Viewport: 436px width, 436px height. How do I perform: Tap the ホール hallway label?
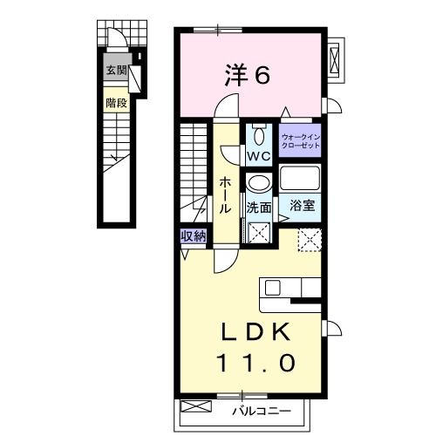[225, 194]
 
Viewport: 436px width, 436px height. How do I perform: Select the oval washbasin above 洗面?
[259, 184]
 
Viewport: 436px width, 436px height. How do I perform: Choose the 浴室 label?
[302, 207]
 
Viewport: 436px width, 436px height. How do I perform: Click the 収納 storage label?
[194, 235]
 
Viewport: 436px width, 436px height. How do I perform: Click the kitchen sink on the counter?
[270, 288]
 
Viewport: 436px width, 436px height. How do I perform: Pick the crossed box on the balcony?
[198, 407]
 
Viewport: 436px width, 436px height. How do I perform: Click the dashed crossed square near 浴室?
[309, 239]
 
